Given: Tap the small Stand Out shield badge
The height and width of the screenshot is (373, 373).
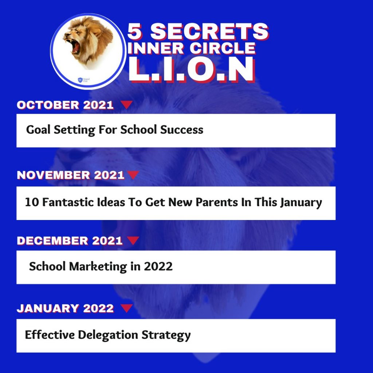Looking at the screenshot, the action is coord(80,80).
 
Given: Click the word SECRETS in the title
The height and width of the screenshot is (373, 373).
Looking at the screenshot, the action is coord(209,32).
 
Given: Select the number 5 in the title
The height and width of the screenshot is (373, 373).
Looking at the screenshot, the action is coord(135,31).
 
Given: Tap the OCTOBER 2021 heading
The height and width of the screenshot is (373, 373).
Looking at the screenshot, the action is coord(65,105).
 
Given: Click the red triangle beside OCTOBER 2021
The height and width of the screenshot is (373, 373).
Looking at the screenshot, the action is coord(126,105).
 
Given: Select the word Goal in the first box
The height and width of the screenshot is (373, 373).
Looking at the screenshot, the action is coord(38,130).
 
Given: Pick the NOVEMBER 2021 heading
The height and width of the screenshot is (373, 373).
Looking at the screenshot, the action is coord(70,175).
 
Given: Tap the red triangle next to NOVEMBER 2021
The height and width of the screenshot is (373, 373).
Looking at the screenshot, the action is coord(133,175).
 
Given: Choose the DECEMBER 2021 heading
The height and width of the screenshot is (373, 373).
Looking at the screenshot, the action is coord(70,241).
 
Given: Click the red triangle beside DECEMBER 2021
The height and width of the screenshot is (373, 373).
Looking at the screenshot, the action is coord(133,240).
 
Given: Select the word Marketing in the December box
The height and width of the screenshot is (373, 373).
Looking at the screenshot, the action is coord(98,266).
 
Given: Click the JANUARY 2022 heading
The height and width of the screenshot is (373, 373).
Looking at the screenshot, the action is coord(65,309).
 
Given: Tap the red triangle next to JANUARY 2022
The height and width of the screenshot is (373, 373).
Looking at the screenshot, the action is coord(126,308).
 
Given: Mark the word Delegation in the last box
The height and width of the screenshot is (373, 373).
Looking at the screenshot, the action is coord(108,335).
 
